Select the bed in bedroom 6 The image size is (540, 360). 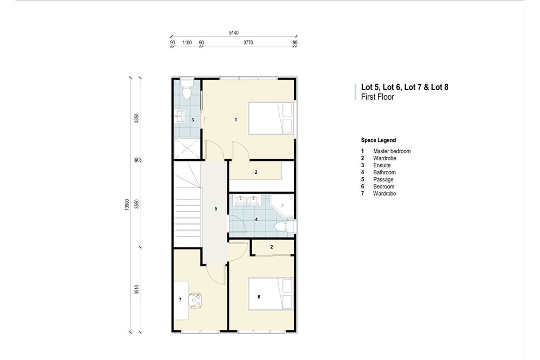click(x=271, y=294)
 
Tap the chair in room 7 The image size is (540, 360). click(x=195, y=298)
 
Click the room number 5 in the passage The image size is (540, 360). click(x=215, y=208)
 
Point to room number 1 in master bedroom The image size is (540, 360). click(x=236, y=119)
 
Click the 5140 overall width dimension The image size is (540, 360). click(x=233, y=33)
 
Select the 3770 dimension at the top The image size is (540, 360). click(x=248, y=42)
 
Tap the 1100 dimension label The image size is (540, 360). click(x=187, y=42)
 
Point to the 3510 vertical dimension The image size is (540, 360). click(x=137, y=289)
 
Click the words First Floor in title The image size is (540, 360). click(x=377, y=98)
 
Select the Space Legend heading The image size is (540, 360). click(x=378, y=140)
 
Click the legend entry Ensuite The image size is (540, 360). click(x=381, y=165)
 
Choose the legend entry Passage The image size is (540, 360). click(x=383, y=179)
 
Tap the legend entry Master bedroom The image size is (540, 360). click(x=391, y=151)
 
